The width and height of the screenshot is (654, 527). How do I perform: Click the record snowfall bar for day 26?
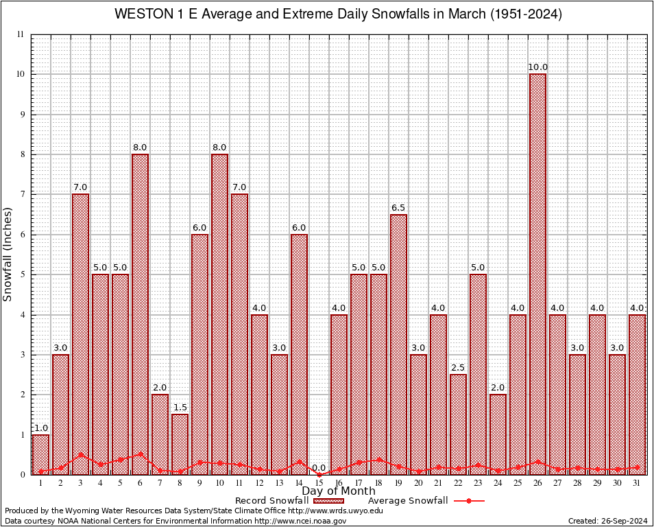[x=537, y=274]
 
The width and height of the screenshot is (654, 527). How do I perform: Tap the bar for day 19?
[x=398, y=343]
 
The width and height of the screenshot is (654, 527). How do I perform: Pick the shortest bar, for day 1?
[x=40, y=454]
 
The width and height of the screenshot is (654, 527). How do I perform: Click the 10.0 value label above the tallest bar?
[x=537, y=67]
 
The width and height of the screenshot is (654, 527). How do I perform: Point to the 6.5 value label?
[x=398, y=208]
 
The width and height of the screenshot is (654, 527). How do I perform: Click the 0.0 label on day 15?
[x=319, y=468]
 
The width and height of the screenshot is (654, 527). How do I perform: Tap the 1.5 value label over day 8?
[x=180, y=408]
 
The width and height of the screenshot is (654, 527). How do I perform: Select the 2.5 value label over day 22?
[x=458, y=368]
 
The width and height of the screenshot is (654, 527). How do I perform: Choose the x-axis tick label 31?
[x=637, y=483]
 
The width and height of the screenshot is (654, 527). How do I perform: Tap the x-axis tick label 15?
[x=319, y=483]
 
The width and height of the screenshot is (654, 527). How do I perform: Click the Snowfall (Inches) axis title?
[x=8, y=255]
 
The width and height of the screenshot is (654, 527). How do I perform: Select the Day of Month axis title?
[x=339, y=491]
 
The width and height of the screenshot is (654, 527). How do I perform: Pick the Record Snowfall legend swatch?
[x=329, y=501]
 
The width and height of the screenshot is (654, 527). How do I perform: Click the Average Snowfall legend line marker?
[x=468, y=501]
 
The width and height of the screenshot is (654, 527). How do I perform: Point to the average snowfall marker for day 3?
[x=80, y=454]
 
